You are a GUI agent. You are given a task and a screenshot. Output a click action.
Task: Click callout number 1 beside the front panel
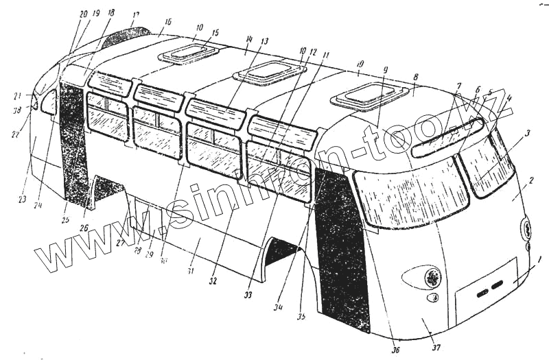point(539,261)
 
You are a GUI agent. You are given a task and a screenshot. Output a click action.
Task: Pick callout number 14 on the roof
point(249,39)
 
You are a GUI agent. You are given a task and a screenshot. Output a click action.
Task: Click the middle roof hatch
point(268,71)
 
